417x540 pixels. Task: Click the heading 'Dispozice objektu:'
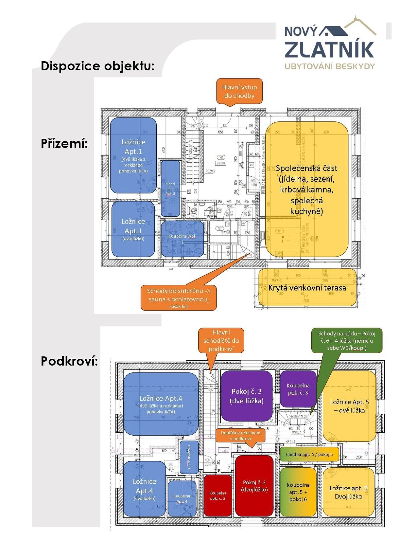[97, 66]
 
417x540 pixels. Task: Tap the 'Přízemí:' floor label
[64, 143]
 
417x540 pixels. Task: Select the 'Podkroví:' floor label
[69, 361]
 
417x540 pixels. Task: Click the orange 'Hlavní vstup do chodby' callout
[239, 92]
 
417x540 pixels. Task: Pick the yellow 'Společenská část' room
[306, 189]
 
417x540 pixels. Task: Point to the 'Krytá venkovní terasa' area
[307, 288]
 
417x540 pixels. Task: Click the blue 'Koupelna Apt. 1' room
[182, 238]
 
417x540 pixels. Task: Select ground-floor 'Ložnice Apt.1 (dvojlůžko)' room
[133, 229]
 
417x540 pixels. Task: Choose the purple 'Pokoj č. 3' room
[247, 396]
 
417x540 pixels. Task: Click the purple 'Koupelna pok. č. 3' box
[298, 389]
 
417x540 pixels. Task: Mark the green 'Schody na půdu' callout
[346, 340]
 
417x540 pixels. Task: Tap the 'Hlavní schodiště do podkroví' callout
[221, 340]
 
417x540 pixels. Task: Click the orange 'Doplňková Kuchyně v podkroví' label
[240, 435]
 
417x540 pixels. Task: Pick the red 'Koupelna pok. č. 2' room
[218, 495]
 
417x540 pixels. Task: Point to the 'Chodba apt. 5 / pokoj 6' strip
[309, 454]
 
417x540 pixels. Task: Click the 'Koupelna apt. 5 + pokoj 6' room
[298, 492]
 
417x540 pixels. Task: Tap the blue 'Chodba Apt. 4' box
[189, 457]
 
